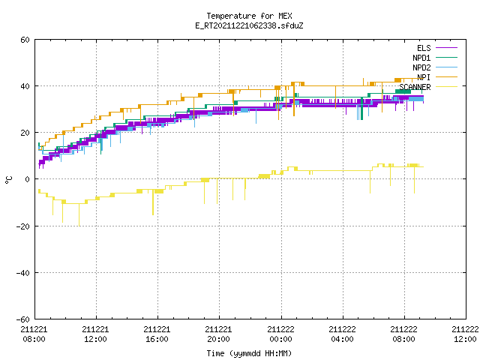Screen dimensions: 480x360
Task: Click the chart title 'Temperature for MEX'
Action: (249, 16)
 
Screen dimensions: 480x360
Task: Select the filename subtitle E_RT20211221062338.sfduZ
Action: (249, 25)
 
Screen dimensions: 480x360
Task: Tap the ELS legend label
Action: (424, 48)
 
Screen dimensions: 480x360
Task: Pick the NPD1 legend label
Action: (421, 58)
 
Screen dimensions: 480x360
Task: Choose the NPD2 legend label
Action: (421, 67)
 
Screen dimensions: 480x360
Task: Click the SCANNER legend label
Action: (415, 87)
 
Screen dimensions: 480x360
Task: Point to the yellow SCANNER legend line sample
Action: (446, 87)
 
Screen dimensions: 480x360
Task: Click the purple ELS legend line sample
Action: (446, 48)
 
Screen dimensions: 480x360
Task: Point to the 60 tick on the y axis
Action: (25, 40)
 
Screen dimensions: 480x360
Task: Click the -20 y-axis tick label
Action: (23, 226)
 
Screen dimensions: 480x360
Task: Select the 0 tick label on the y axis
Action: (28, 179)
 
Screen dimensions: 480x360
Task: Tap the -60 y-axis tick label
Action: (23, 319)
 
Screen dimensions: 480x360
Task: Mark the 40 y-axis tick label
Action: (25, 86)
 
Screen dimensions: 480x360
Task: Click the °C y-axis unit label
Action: (8, 180)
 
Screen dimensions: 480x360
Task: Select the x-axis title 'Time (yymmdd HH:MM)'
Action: (249, 353)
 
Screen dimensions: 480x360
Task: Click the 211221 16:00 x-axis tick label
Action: (157, 334)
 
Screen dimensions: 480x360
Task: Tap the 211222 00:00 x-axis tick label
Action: (280, 334)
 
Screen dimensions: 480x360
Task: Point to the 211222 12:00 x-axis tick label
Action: (465, 334)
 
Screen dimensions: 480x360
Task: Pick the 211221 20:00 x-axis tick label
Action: (218, 334)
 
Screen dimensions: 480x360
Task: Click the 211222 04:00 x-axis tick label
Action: (342, 334)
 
